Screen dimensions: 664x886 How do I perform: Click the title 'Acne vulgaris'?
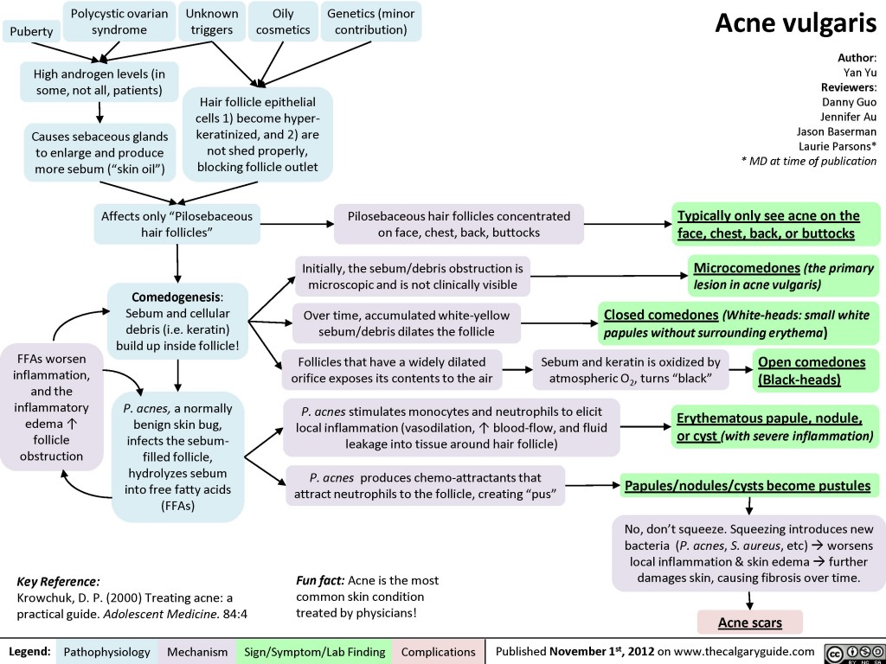coord(795,25)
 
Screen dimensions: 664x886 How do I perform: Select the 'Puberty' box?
coord(31,32)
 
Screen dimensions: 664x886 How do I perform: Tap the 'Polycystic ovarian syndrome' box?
coord(119,22)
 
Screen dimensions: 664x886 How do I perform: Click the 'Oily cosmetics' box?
coord(282,22)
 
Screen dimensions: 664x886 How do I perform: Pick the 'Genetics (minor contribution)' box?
coord(371,22)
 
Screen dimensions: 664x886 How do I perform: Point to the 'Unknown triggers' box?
coord(212,22)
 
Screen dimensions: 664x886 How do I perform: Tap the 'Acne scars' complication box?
coord(749,622)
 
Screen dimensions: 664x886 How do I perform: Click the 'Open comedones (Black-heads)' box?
coord(811,370)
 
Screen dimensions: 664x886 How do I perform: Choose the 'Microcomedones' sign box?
coord(781,276)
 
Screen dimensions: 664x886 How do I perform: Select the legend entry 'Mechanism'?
coord(198,651)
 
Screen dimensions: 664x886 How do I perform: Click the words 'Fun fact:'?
coord(318,579)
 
